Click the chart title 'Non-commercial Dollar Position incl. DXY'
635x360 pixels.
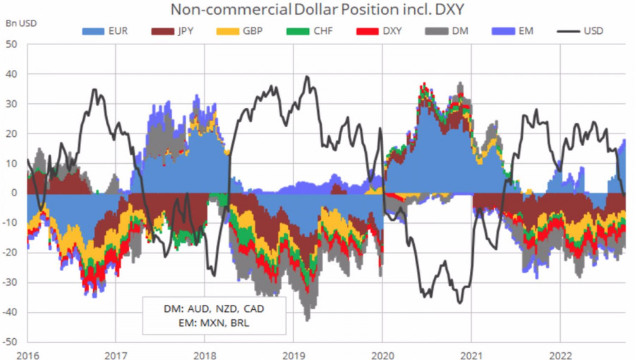(x=317, y=10)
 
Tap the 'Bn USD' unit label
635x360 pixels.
(x=21, y=23)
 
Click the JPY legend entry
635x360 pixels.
(x=176, y=31)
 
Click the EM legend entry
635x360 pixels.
(x=518, y=31)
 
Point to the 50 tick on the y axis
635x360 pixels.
(x=12, y=44)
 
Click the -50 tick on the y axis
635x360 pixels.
(x=11, y=342)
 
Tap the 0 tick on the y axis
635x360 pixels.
(x=15, y=193)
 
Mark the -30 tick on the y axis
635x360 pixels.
(x=11, y=282)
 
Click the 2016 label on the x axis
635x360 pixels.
(x=28, y=354)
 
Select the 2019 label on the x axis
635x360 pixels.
(x=294, y=354)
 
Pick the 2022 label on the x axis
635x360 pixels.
(x=560, y=354)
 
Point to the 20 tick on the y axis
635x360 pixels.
(x=12, y=133)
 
